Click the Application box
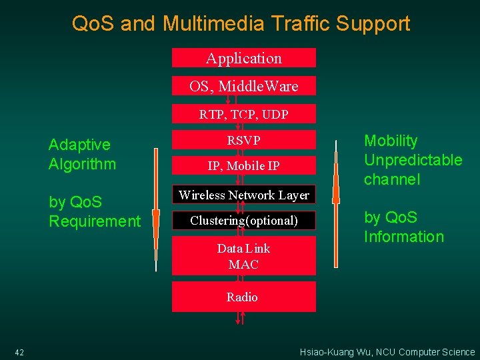[244, 58]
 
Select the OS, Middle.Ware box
[244, 86]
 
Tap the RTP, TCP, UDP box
[244, 114]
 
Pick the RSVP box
[244, 140]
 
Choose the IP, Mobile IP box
[244, 166]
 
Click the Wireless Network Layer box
[244, 195]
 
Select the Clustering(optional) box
[244, 220]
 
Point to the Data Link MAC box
[244, 256]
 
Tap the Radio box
[244, 297]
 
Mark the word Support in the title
[373, 24]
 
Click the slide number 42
[19, 352]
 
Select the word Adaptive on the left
[79, 145]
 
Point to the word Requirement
[95, 221]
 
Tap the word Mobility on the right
[391, 141]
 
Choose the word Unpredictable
[413, 160]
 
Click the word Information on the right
[403, 237]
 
